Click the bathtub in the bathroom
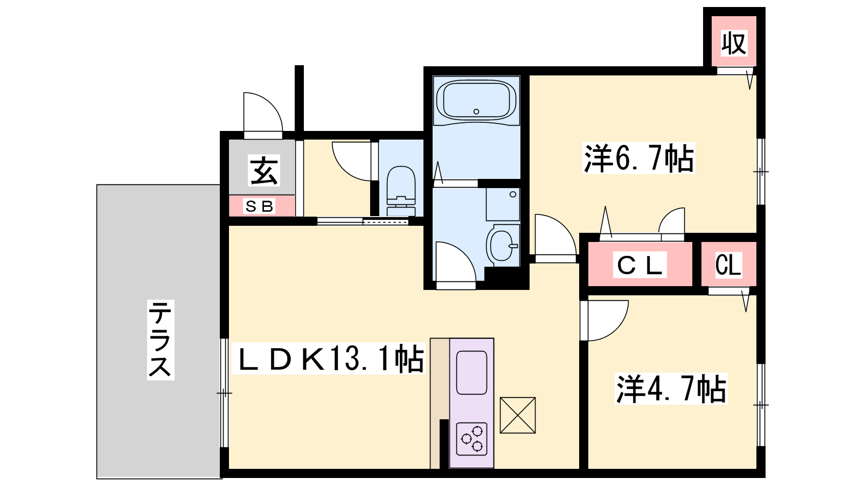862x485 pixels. tap(476, 101)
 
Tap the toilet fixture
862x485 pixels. tap(401, 191)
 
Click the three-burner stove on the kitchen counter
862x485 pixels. tap(472, 439)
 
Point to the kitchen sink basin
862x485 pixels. tap(472, 372)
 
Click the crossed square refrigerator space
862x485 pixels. tap(518, 415)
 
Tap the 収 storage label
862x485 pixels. tap(734, 43)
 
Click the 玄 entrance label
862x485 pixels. tap(264, 170)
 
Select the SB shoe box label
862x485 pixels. tap(259, 207)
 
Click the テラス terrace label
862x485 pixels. tap(161, 340)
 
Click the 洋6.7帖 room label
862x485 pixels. tap(639, 158)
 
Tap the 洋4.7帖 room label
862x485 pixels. tap(671, 389)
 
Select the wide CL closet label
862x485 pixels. tap(640, 265)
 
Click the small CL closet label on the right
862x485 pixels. tap(728, 265)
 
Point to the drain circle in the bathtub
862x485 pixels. tap(476, 112)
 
